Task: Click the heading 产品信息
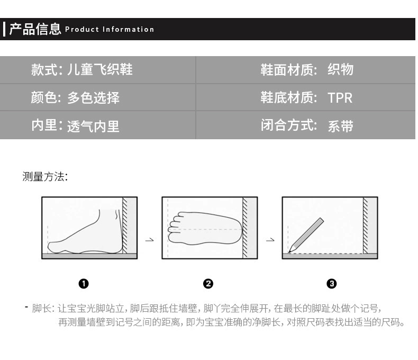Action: tap(35, 29)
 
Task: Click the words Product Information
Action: tap(110, 29)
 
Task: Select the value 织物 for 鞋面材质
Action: tap(340, 69)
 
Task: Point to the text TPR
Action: tap(340, 98)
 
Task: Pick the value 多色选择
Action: tap(93, 97)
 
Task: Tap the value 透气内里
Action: tap(93, 126)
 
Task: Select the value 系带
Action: tap(340, 126)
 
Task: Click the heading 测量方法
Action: tap(45, 176)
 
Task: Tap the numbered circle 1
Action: tap(84, 283)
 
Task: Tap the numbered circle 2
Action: tap(208, 283)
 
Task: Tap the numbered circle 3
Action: tap(332, 283)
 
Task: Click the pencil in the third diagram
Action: tap(306, 235)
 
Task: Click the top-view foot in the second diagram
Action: tap(205, 229)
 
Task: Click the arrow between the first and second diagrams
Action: tap(150, 240)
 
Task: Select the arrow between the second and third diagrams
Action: tap(270, 240)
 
